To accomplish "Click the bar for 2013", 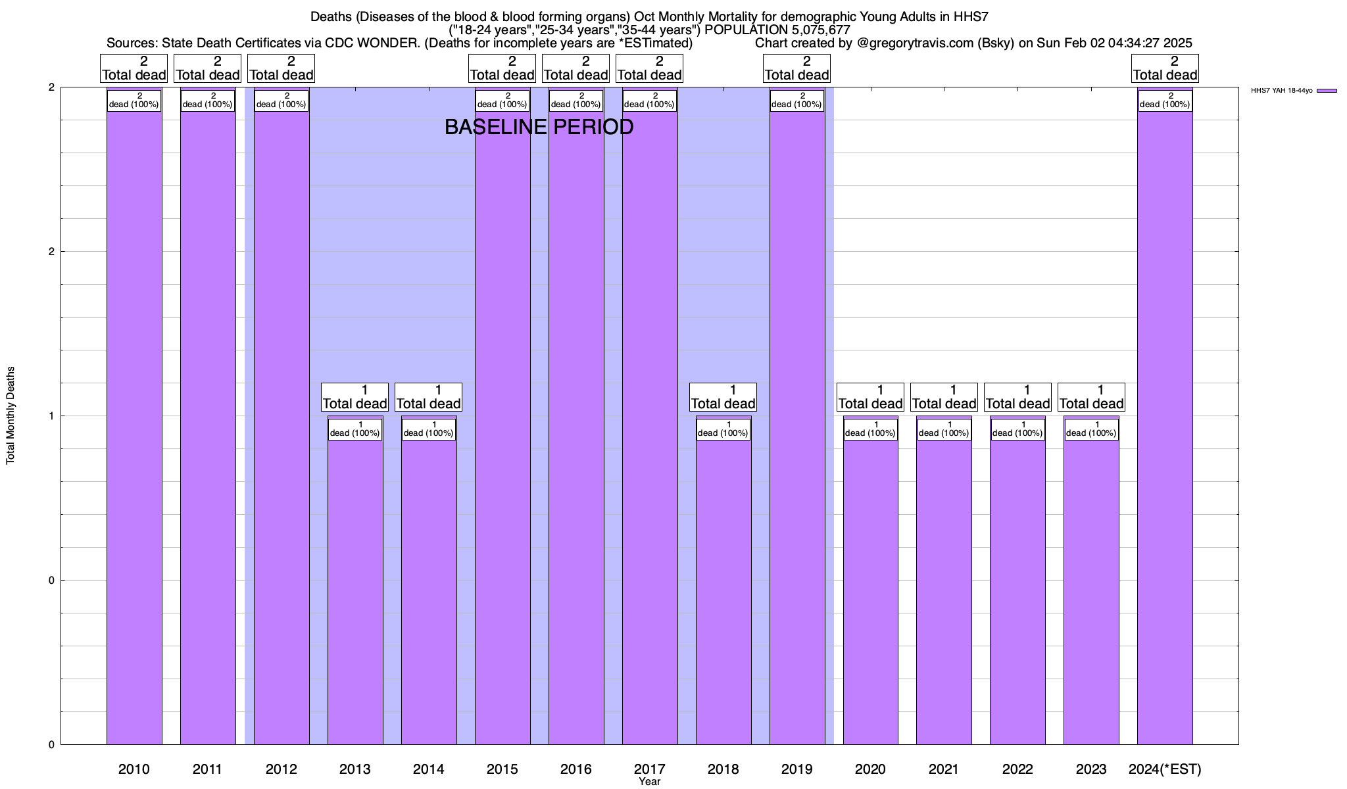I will click(x=355, y=592).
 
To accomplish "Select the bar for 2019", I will click(x=797, y=427).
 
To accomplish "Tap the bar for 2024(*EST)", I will click(x=1165, y=427).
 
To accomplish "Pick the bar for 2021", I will click(x=944, y=592).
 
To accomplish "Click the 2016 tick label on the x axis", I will click(x=576, y=769).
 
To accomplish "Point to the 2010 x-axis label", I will click(x=134, y=769).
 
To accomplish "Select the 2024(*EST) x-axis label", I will click(x=1165, y=769).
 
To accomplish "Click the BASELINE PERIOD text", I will click(x=539, y=127).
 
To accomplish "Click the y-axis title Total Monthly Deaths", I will click(x=11, y=416).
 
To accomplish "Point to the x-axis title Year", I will click(x=649, y=782).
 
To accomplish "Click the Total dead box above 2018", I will click(x=723, y=397).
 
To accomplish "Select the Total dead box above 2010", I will click(x=134, y=68).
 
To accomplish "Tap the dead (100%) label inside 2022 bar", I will click(x=1017, y=429).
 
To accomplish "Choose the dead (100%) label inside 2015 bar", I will click(x=502, y=101).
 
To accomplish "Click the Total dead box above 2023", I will click(x=1091, y=397).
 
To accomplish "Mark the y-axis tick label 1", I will click(x=51, y=416).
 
